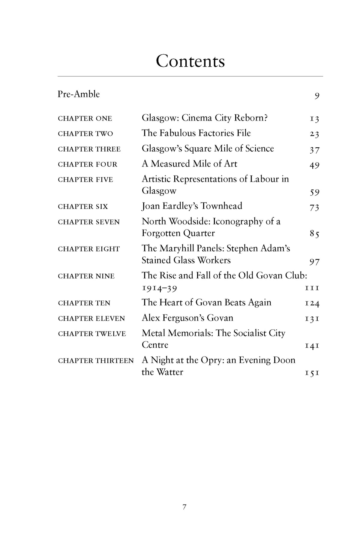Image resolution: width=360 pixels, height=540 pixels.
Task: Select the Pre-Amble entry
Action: [79, 94]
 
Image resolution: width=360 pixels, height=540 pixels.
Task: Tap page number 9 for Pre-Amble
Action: [317, 96]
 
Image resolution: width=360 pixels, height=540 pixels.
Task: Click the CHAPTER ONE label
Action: [85, 118]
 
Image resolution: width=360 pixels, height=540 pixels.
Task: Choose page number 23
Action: [314, 134]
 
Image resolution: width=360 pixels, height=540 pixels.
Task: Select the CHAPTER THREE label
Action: [89, 149]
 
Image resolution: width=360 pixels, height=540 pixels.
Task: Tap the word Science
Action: [259, 148]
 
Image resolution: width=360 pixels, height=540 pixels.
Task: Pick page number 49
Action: [314, 165]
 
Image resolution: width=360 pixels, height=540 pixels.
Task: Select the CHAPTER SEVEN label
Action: [89, 222]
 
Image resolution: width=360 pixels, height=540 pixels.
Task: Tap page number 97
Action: [314, 262]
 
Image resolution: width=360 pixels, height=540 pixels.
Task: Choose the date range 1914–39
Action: [159, 288]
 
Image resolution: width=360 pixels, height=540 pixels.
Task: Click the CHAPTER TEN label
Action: [84, 303]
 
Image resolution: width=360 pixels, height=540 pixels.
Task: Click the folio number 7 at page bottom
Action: [184, 507]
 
